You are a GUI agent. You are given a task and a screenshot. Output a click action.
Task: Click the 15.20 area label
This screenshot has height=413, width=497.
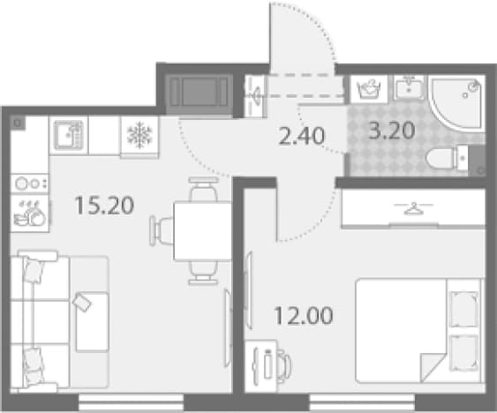[104, 206]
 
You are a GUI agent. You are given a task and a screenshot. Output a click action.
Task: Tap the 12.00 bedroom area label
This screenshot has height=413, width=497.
[304, 315]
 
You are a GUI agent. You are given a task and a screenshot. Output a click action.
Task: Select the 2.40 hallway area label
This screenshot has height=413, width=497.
[301, 136]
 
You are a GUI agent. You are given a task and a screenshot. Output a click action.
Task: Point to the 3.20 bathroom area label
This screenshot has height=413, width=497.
[392, 131]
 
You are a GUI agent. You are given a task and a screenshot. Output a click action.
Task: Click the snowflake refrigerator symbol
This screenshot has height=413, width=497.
[139, 135]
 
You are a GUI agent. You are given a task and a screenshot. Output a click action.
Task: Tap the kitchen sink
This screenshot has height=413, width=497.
[69, 135]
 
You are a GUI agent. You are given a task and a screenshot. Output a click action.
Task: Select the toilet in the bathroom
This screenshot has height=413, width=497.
[447, 158]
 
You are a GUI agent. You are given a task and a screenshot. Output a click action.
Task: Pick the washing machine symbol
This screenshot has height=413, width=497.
[369, 89]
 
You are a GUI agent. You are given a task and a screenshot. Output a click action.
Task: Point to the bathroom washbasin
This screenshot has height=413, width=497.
[409, 87]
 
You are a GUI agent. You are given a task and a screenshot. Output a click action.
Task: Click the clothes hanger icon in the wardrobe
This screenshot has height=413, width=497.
[413, 208]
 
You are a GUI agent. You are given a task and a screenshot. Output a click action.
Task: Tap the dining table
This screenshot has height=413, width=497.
[202, 231]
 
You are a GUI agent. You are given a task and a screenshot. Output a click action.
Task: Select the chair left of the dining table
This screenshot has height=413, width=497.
[162, 231]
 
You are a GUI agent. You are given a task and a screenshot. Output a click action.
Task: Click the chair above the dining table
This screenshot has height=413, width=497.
[204, 190]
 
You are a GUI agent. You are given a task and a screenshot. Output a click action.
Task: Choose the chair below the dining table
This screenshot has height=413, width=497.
[203, 273]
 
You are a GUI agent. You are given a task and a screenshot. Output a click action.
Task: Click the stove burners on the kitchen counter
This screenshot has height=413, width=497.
[29, 184]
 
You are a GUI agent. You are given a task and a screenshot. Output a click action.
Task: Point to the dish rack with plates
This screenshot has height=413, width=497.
[30, 213]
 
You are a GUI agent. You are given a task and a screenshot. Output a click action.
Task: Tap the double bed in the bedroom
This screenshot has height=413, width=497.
[418, 331]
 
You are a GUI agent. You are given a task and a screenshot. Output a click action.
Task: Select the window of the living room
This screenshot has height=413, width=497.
[131, 402]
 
